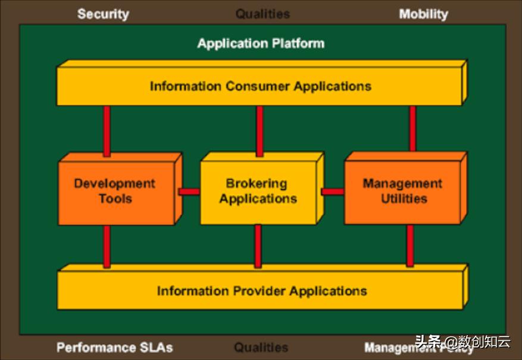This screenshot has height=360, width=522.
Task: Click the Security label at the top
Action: pyautogui.click(x=103, y=14)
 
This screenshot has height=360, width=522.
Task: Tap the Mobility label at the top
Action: pyautogui.click(x=423, y=14)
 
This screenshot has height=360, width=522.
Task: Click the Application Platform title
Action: pyautogui.click(x=261, y=43)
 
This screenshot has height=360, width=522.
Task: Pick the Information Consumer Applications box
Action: pyautogui.click(x=260, y=86)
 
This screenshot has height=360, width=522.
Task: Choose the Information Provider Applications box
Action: pyautogui.click(x=261, y=291)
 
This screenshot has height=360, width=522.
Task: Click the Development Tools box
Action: pyautogui.click(x=115, y=191)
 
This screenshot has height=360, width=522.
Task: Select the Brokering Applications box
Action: pyautogui.click(x=258, y=191)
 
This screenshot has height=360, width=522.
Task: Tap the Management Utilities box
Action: pyautogui.click(x=402, y=191)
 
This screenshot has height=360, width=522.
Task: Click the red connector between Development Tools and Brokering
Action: pyautogui.click(x=189, y=192)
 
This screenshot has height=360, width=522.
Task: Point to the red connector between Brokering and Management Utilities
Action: pyautogui.click(x=333, y=192)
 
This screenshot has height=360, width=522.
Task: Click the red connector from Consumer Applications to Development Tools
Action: pyautogui.click(x=107, y=131)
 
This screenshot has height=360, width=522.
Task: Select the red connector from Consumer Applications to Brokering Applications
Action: pyautogui.click(x=260, y=131)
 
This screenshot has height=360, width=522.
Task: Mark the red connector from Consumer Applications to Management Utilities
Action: pyautogui.click(x=412, y=129)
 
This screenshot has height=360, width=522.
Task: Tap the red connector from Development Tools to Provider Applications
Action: pyautogui.click(x=107, y=246)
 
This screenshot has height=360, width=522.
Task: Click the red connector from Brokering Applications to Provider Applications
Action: pyautogui.click(x=258, y=246)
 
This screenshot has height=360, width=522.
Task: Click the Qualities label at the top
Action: pyautogui.click(x=262, y=14)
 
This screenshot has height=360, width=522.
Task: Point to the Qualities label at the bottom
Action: pyautogui.click(x=261, y=347)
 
